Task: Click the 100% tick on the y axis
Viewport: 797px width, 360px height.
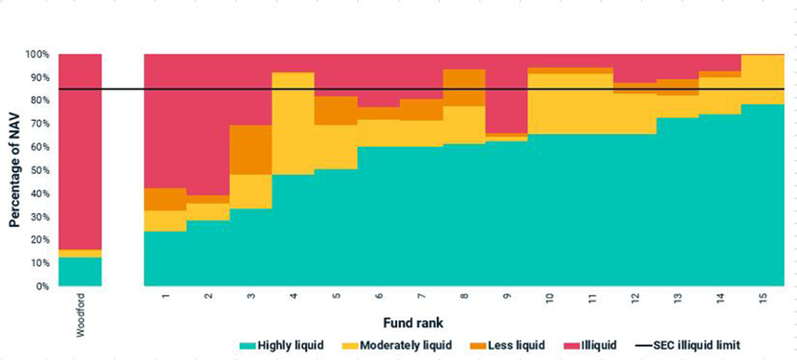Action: [37, 55]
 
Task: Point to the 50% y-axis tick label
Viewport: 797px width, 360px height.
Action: [39, 170]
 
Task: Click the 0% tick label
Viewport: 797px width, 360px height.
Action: [42, 286]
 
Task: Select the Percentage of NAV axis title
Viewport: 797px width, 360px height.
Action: [15, 170]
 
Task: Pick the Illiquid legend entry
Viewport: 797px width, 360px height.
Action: [592, 346]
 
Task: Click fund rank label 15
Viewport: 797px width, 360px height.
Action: [763, 297]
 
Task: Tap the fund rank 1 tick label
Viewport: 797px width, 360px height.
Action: [166, 296]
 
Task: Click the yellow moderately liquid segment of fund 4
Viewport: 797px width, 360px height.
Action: [293, 123]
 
